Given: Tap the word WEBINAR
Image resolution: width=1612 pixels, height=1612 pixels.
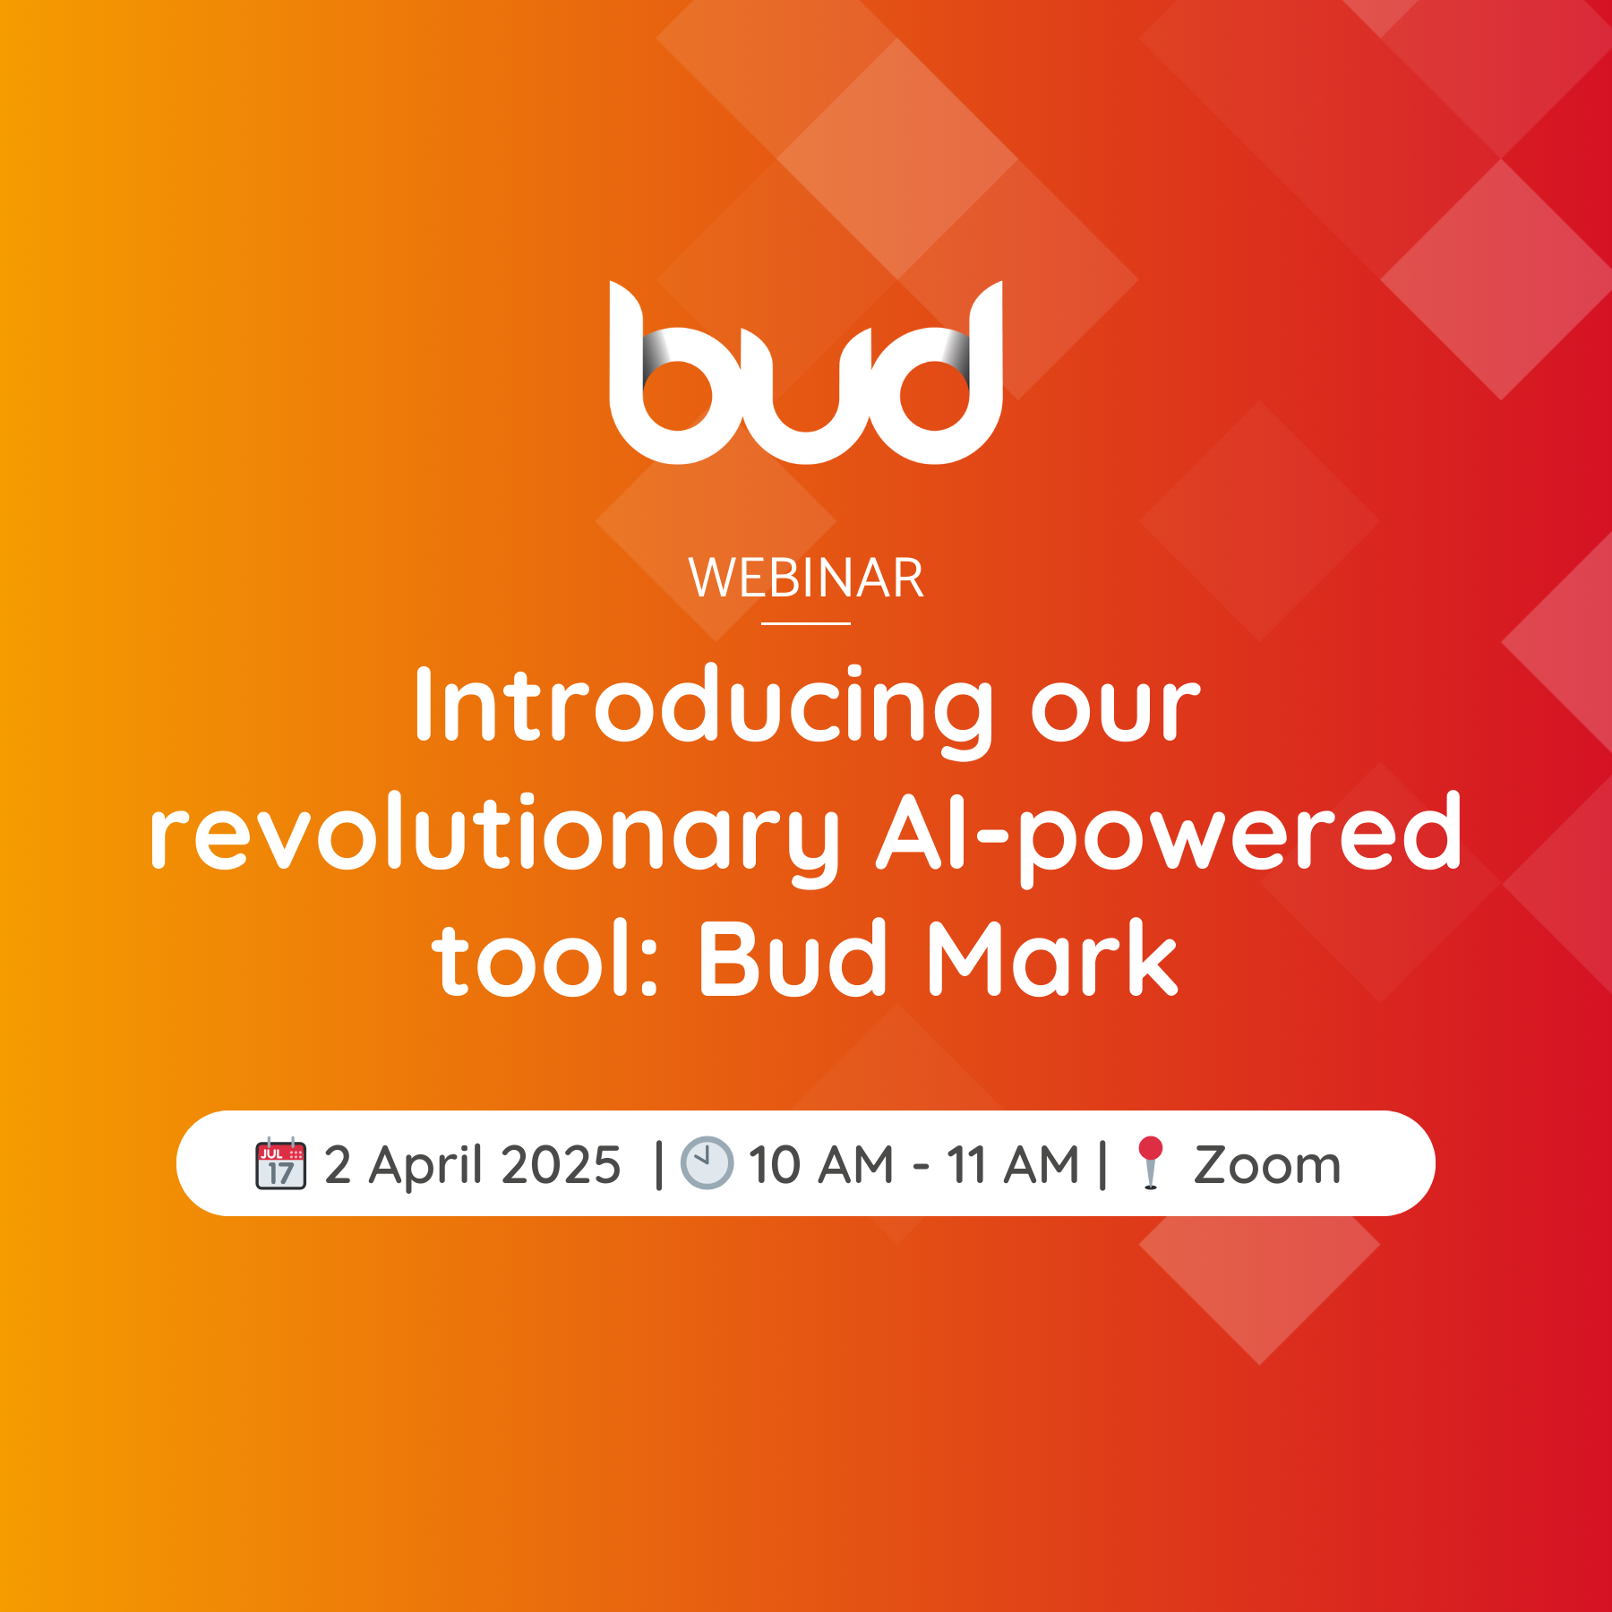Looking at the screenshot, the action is pyautogui.click(x=806, y=579).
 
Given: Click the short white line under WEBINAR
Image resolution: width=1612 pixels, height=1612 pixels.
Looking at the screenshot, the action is pyautogui.click(x=806, y=623).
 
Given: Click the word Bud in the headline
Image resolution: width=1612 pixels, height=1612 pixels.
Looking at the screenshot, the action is pyautogui.click(x=793, y=958).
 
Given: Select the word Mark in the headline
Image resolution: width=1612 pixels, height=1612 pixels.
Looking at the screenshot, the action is pyautogui.click(x=1053, y=958).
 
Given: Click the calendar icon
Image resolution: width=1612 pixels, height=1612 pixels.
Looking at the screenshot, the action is pyautogui.click(x=281, y=1163).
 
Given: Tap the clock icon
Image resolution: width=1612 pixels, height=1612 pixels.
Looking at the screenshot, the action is pyautogui.click(x=707, y=1163).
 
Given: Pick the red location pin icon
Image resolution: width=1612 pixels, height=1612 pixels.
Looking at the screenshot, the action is pyautogui.click(x=1151, y=1163).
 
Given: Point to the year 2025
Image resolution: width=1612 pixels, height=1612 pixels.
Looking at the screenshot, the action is pyautogui.click(x=561, y=1165).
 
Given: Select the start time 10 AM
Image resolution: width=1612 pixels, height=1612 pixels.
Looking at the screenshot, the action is pyautogui.click(x=821, y=1165).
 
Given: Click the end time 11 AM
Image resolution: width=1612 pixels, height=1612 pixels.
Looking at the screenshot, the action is pyautogui.click(x=1013, y=1165).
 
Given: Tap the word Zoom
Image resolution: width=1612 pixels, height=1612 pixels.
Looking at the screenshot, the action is pyautogui.click(x=1267, y=1165).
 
